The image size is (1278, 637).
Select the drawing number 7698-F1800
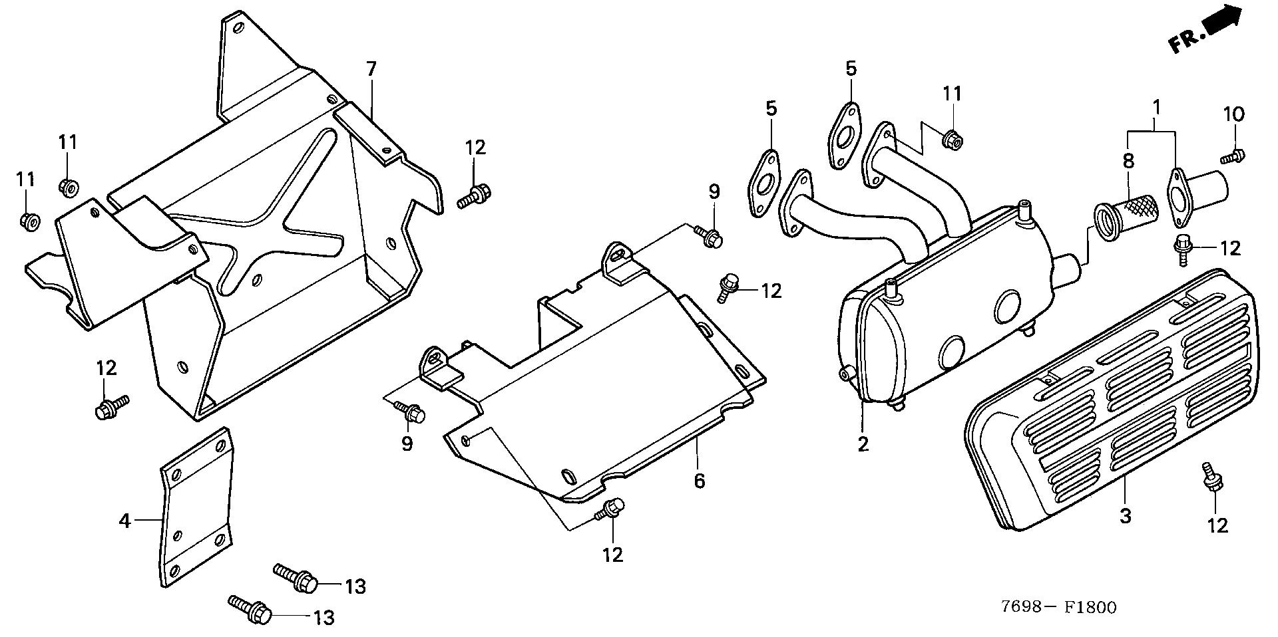[1059, 606]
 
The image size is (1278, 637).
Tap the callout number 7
[371, 68]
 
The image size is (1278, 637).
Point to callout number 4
[124, 521]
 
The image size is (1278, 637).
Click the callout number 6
[699, 479]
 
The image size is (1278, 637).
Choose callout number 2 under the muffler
[863, 444]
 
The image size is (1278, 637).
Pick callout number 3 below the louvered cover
[1125, 515]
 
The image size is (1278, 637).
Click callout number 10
[1233, 114]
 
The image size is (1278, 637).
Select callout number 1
[1157, 106]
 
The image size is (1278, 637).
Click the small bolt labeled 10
[1233, 157]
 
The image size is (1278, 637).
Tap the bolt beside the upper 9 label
[708, 236]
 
